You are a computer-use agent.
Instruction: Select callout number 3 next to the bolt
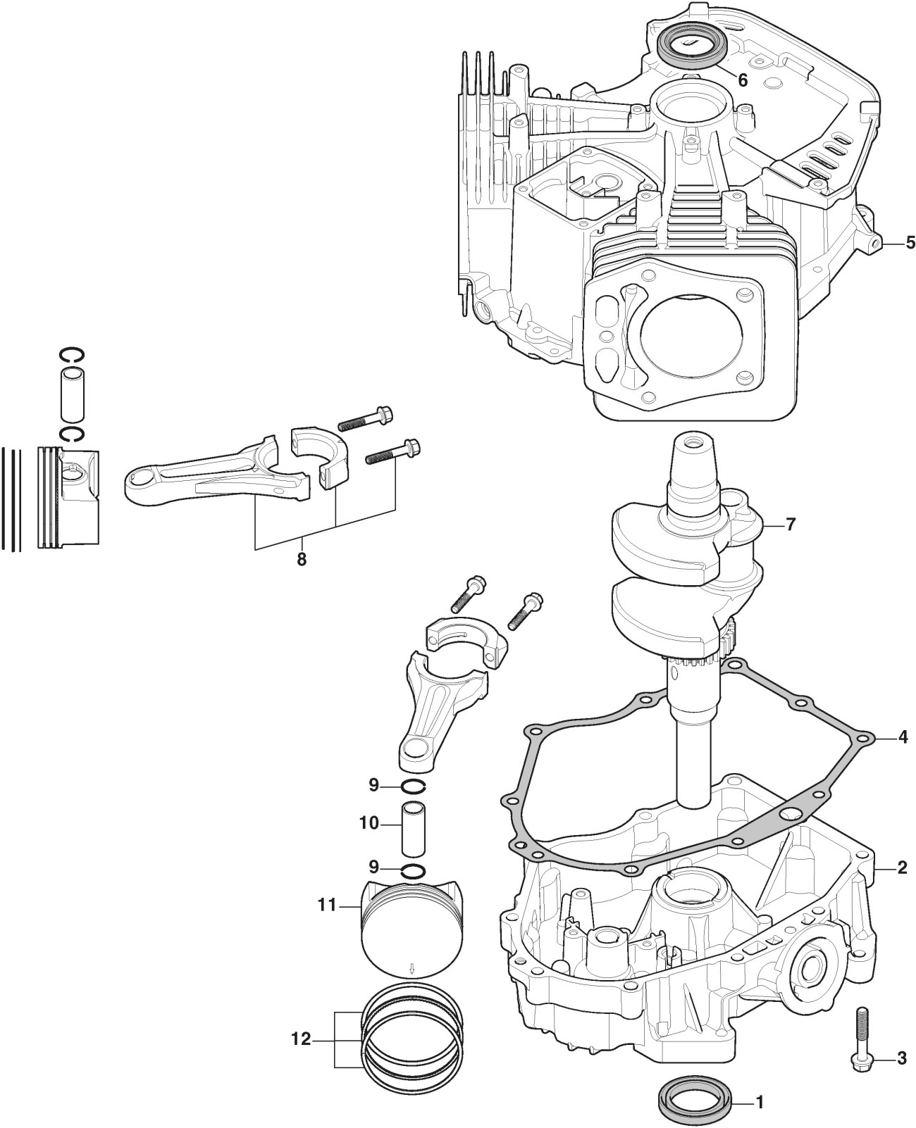pyautogui.click(x=902, y=1038)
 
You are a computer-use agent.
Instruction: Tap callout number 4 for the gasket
pyautogui.click(x=903, y=738)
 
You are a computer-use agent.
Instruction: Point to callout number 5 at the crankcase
pyautogui.click(x=910, y=243)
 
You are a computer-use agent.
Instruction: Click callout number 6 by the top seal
pyautogui.click(x=743, y=80)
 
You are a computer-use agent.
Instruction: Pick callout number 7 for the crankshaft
pyautogui.click(x=791, y=525)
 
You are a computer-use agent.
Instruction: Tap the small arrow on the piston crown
pyautogui.click(x=411, y=970)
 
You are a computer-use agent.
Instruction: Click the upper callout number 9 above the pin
pyautogui.click(x=374, y=784)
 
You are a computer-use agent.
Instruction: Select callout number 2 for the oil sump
pyautogui.click(x=902, y=868)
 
